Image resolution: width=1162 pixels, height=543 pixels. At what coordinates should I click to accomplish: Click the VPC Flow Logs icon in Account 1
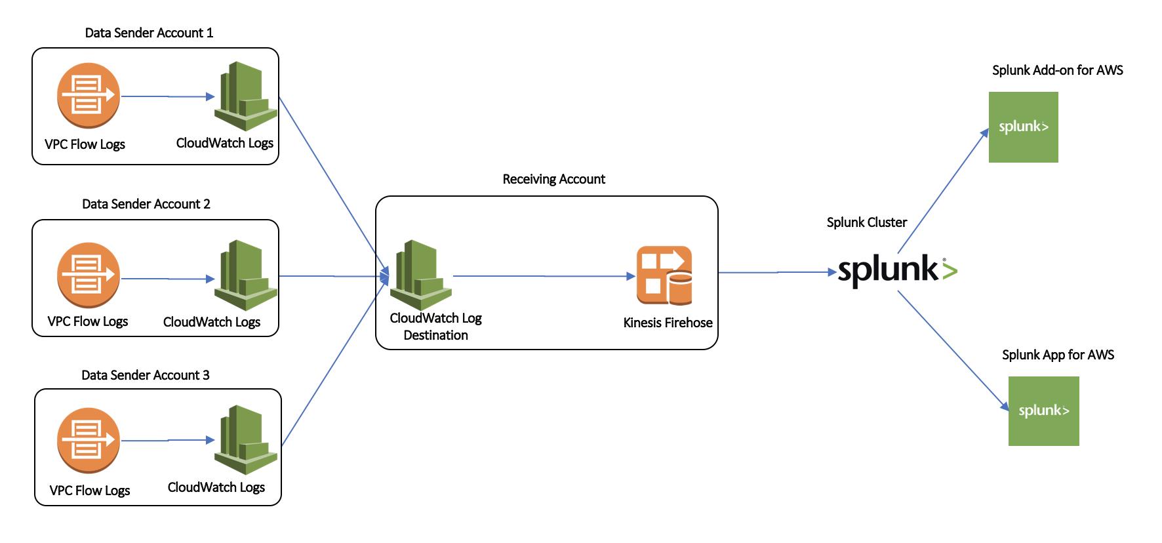click(x=88, y=96)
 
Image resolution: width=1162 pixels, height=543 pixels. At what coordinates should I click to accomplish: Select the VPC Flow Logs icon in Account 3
click(x=88, y=439)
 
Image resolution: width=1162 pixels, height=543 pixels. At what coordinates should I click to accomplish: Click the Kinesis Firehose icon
click(x=664, y=275)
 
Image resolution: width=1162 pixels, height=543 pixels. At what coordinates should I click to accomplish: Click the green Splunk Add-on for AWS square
click(x=1023, y=127)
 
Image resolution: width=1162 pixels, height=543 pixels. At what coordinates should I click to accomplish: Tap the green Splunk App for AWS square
click(x=1043, y=411)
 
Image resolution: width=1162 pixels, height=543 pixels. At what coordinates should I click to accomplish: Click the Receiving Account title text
click(x=553, y=179)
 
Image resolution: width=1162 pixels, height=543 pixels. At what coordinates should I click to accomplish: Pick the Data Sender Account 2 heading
click(x=146, y=204)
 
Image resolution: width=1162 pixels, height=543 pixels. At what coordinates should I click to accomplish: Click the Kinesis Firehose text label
click(x=668, y=323)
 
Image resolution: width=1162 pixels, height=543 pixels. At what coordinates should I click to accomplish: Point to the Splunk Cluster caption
click(x=866, y=222)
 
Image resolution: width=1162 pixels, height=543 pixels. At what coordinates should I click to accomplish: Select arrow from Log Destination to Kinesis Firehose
click(x=544, y=276)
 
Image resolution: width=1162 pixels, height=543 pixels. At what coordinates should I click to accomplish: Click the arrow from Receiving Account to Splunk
click(x=777, y=272)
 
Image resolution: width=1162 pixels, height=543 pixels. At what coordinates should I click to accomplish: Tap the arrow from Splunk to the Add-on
click(x=942, y=191)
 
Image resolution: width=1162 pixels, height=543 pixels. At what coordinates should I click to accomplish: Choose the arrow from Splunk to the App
click(x=952, y=351)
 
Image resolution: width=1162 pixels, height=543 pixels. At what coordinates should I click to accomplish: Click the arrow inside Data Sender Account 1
click(x=168, y=96)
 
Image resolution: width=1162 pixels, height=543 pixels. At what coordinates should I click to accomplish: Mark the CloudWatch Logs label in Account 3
click(x=216, y=487)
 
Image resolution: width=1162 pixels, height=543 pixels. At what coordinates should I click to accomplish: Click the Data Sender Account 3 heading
click(x=145, y=375)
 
